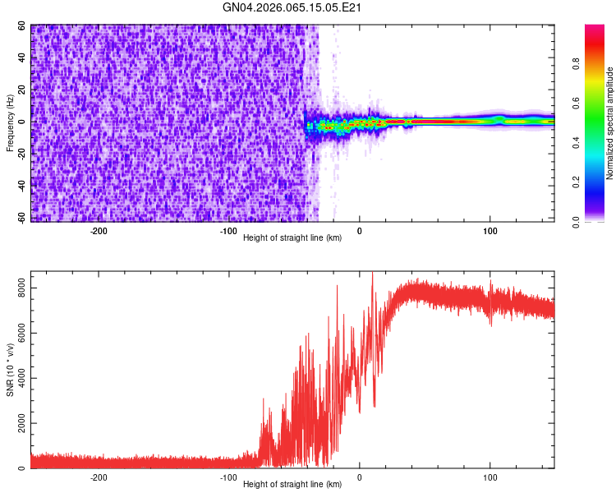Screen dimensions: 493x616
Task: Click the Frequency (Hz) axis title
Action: (x=10, y=123)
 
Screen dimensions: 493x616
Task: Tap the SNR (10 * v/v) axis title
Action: (x=10, y=370)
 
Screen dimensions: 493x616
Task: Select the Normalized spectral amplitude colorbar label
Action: (x=609, y=123)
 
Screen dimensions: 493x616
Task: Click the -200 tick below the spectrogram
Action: (x=99, y=231)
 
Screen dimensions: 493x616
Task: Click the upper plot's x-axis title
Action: (x=292, y=238)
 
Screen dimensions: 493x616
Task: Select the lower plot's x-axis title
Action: (x=292, y=485)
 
